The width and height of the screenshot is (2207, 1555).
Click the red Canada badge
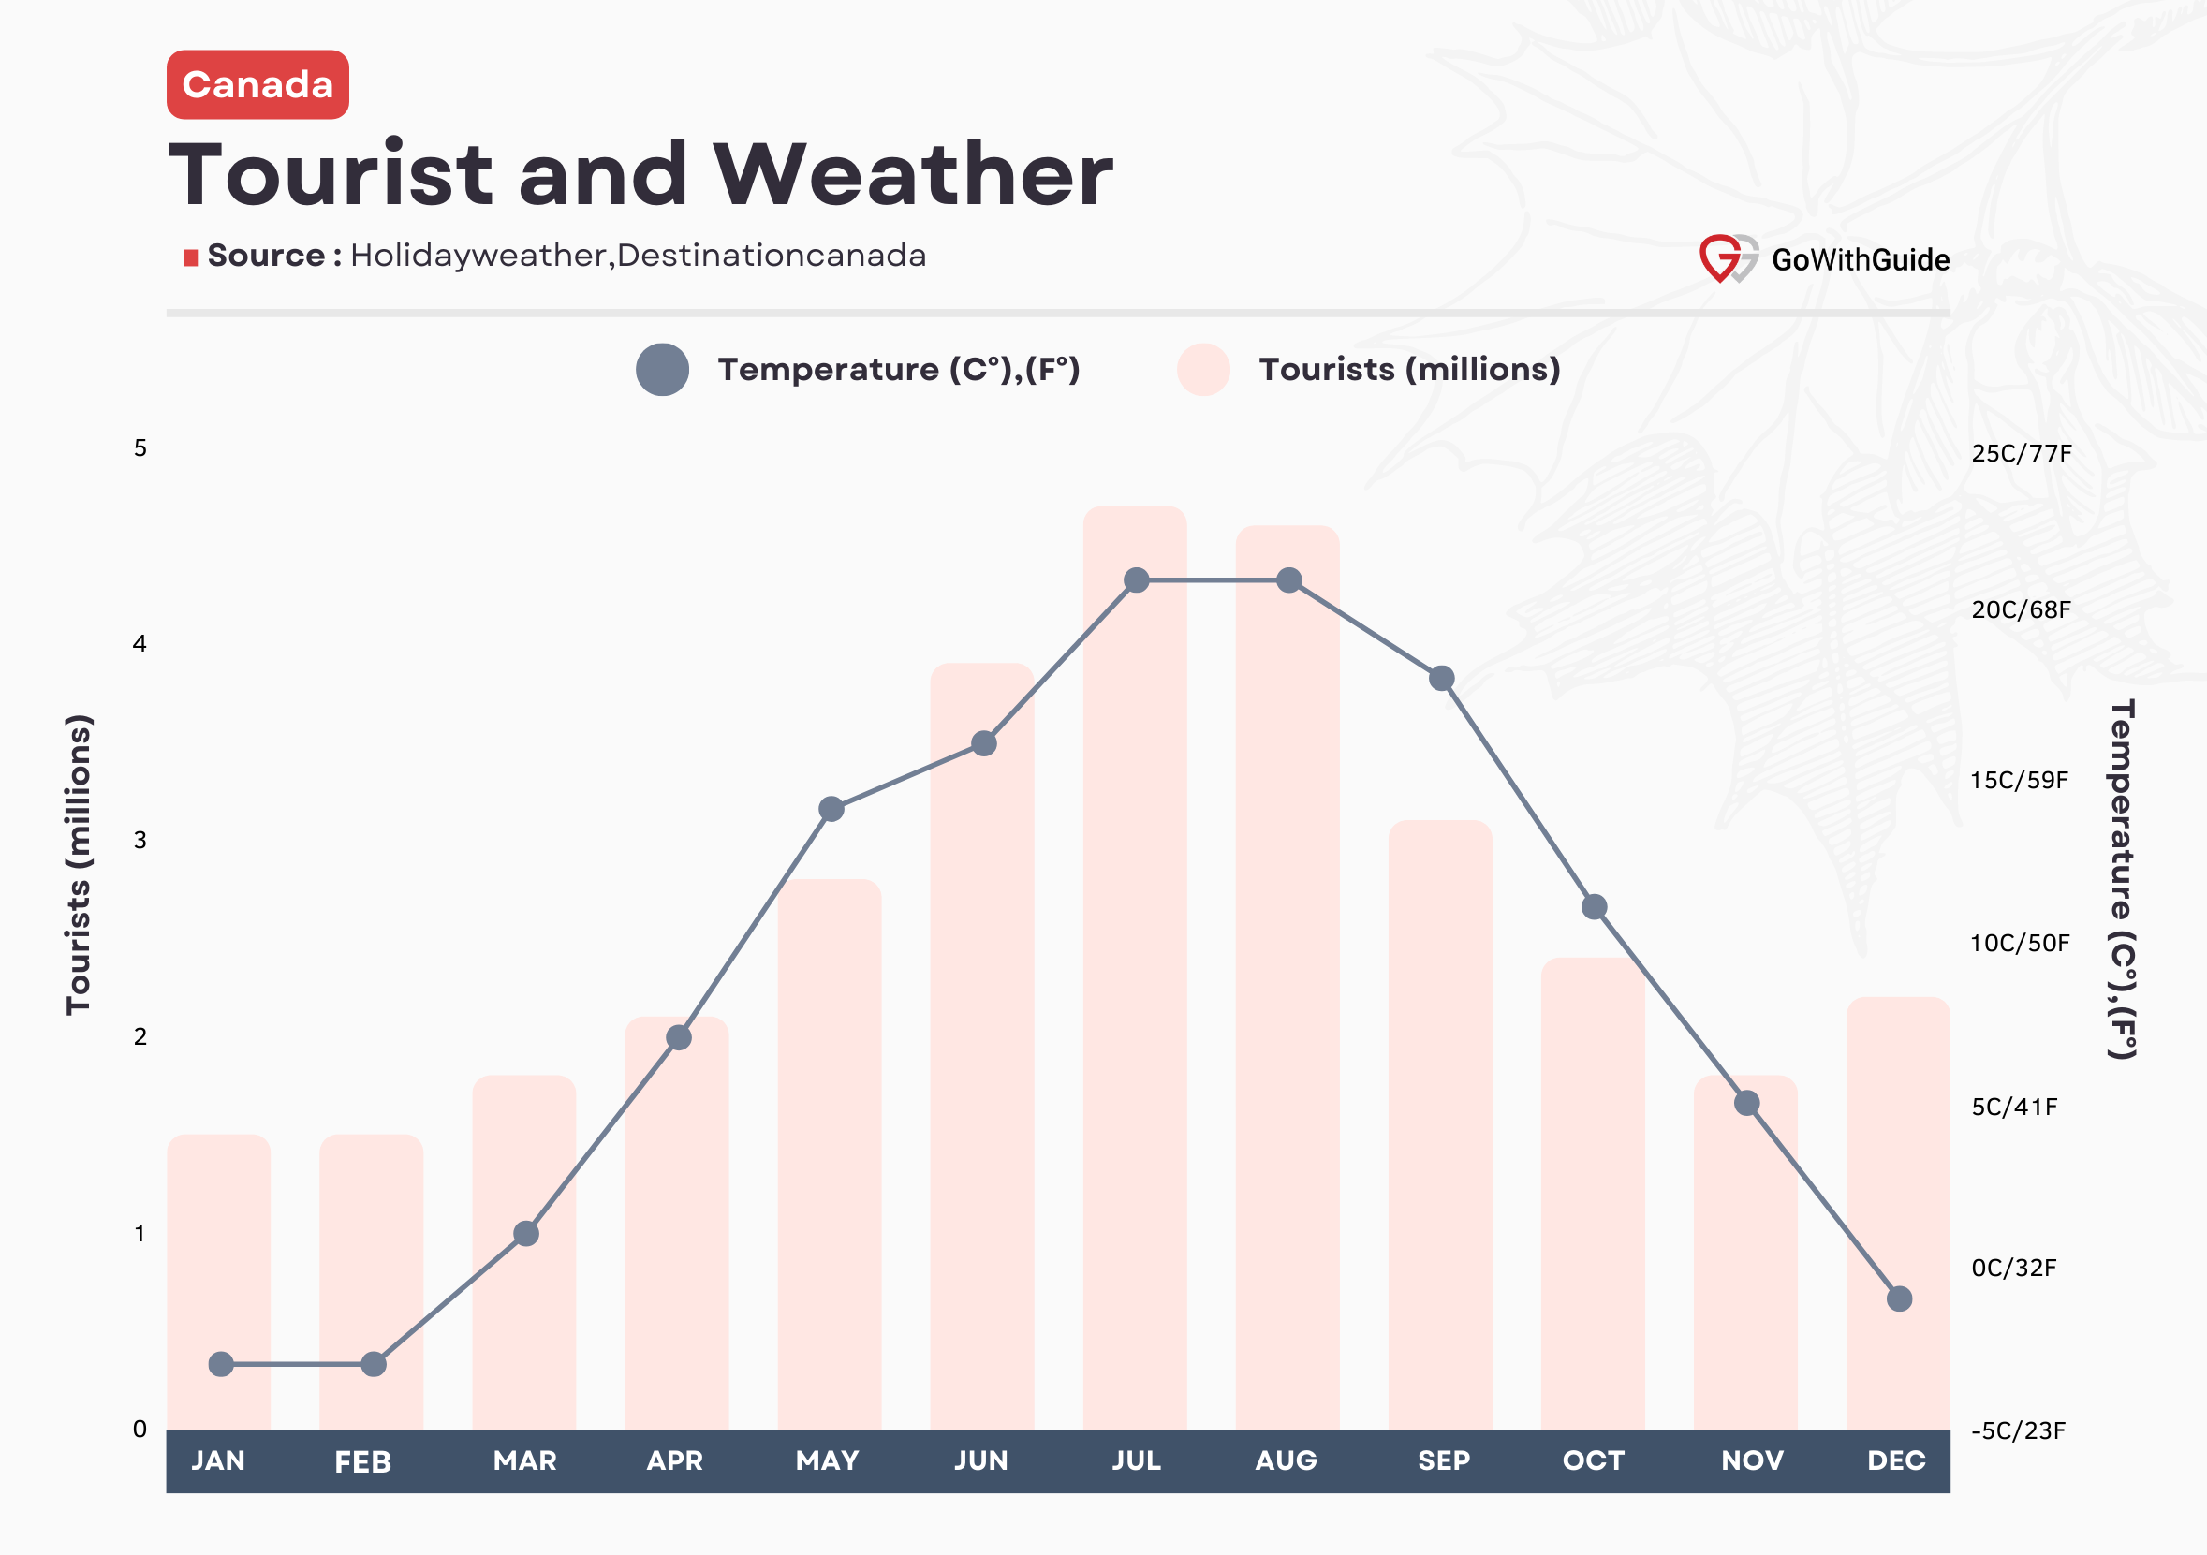257,84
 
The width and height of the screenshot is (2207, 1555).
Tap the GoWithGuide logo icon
1727,257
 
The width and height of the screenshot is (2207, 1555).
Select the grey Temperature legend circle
662,370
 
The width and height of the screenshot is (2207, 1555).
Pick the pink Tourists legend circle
1202,370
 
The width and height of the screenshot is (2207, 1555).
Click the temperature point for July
1136,580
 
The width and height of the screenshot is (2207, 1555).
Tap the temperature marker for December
1898,1298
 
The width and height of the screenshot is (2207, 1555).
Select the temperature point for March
526,1233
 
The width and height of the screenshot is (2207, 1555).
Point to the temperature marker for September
1441,679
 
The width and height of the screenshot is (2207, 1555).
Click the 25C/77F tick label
2021,454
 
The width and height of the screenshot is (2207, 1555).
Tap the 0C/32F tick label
2013,1268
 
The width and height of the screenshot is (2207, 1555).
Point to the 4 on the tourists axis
140,644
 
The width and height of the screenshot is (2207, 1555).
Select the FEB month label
362,1461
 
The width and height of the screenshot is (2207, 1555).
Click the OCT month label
1593,1460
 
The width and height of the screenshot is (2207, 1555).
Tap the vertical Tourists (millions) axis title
79,865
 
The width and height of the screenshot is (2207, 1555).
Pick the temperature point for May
831,809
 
